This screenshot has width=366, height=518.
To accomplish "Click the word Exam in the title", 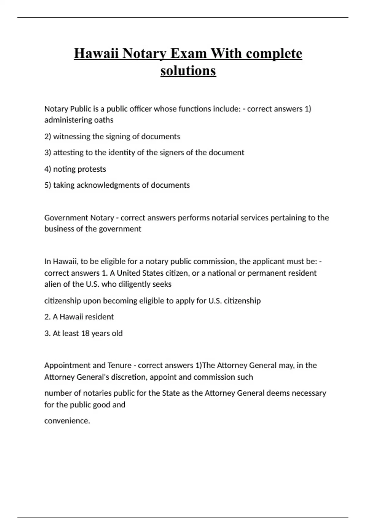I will click(188, 54).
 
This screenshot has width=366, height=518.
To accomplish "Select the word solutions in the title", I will click(188, 71).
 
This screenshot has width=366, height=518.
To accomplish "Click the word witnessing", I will click(72, 137).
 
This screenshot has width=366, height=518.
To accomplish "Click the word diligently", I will click(136, 284).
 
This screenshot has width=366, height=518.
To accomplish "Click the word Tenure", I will click(119, 365).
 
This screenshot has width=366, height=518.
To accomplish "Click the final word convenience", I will click(67, 421).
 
